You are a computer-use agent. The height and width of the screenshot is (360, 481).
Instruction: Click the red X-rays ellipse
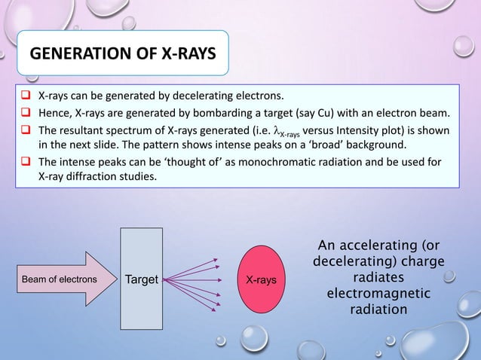(x=259, y=280)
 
